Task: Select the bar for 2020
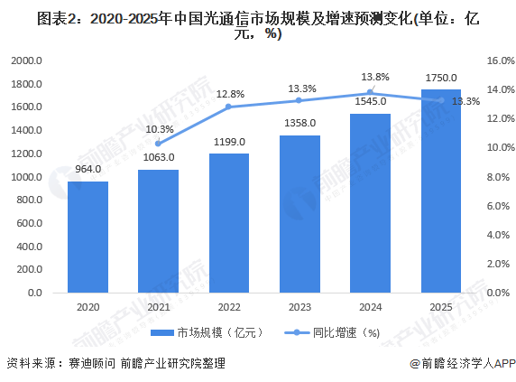[88, 238]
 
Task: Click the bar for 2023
[299, 214]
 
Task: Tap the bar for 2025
[441, 191]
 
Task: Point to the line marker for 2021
[158, 144]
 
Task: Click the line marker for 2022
[229, 107]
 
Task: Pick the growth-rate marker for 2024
[370, 92]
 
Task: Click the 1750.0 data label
[441, 78]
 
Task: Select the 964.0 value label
[88, 169]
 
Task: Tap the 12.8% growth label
[230, 94]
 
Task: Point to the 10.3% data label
[160, 129]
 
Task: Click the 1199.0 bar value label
[229, 142]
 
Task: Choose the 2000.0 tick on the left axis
[27, 61]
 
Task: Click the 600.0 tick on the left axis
[30, 223]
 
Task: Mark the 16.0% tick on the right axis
[500, 61]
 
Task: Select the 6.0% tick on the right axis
[498, 207]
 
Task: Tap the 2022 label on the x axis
[229, 307]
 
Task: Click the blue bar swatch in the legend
[162, 333]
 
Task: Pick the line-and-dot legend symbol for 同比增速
[297, 333]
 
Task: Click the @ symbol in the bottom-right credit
[415, 364]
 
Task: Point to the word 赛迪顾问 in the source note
[92, 364]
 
